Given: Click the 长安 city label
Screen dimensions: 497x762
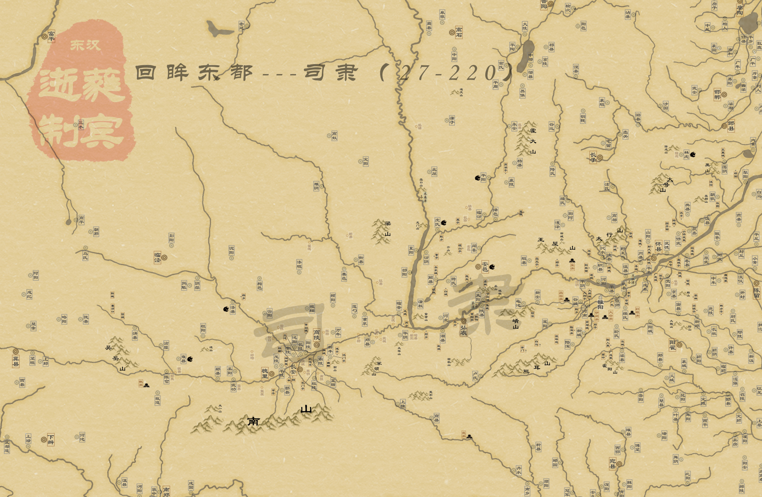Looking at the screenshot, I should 293,369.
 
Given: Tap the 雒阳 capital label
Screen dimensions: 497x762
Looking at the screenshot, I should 600,304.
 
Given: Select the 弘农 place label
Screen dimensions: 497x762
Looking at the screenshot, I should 463,330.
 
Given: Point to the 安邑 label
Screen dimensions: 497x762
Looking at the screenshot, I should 485,266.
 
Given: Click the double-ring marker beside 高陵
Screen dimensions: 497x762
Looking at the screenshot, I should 317,345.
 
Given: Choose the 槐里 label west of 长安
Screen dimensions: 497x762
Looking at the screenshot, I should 265,373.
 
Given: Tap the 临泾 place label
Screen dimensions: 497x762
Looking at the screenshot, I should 157,257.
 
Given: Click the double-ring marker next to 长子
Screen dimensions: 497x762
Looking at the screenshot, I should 600,158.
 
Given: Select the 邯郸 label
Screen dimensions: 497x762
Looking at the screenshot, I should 717,94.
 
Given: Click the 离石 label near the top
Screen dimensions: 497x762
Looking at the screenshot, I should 459,32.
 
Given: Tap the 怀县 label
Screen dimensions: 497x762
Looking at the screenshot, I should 658,246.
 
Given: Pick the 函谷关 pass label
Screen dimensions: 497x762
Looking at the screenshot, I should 561,296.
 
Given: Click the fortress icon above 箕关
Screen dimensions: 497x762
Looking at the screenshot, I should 572,260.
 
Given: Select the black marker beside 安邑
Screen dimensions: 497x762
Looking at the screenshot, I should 492,267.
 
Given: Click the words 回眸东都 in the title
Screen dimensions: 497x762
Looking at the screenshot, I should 194,73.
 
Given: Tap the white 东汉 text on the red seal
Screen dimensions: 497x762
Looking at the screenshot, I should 85,45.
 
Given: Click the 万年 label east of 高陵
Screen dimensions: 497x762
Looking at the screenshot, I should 338,332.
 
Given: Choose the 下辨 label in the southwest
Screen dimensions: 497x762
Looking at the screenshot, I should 51,440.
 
